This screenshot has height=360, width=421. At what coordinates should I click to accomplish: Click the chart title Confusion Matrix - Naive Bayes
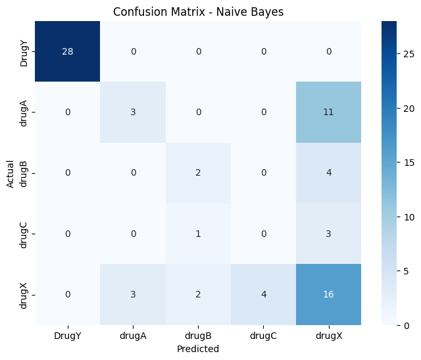coord(197,12)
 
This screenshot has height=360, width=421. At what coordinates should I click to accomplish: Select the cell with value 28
coord(66,51)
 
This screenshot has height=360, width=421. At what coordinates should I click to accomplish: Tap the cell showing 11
coord(328,112)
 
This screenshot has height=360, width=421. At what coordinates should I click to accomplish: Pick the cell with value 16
coord(328,294)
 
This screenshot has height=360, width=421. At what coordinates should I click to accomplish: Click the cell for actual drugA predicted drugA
coord(132,112)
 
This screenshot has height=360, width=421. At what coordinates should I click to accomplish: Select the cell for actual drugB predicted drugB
coord(197,172)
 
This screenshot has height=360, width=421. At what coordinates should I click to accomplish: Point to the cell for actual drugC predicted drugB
coord(197,233)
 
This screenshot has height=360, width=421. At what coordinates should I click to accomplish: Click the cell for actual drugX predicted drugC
coord(263,294)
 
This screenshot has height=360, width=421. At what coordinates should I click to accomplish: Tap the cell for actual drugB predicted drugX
coord(328,172)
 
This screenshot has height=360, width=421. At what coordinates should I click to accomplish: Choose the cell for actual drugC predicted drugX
coord(328,233)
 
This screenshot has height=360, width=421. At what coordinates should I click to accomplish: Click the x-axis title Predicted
coord(197,349)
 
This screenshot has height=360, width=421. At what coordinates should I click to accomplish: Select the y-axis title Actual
coord(10,172)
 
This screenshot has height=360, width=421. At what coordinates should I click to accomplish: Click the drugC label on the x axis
coord(263,335)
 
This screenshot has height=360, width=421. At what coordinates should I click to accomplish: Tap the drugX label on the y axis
coord(24,294)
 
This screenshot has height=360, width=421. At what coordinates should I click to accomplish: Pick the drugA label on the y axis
coord(24,112)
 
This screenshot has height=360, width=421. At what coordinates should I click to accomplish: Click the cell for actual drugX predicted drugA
coord(132,294)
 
